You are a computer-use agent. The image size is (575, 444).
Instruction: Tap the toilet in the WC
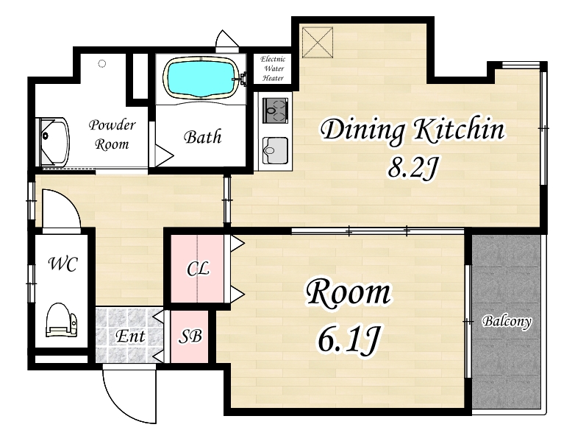[62, 320]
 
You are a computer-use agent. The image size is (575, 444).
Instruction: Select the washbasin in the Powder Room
[54, 142]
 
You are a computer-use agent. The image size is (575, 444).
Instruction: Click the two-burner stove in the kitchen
[276, 110]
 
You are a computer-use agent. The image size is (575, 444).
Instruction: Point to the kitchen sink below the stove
[276, 150]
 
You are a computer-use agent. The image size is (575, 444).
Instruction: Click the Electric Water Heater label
[273, 68]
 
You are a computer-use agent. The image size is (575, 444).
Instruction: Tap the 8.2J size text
[413, 169]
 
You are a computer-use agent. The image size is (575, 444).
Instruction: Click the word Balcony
[507, 321]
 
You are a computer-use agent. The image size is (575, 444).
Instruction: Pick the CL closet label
[198, 269]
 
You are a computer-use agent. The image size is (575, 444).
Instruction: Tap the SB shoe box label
[190, 336]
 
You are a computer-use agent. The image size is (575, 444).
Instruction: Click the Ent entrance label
[131, 336]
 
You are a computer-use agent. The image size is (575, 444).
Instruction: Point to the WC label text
[63, 264]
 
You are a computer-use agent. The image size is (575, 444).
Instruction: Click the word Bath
[203, 137]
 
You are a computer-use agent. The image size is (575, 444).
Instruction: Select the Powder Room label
[112, 135]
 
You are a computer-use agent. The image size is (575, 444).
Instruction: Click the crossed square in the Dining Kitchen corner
[318, 42]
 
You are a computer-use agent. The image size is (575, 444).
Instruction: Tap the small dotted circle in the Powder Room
[102, 64]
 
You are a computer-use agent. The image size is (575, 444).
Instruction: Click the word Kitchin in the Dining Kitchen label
[459, 129]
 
